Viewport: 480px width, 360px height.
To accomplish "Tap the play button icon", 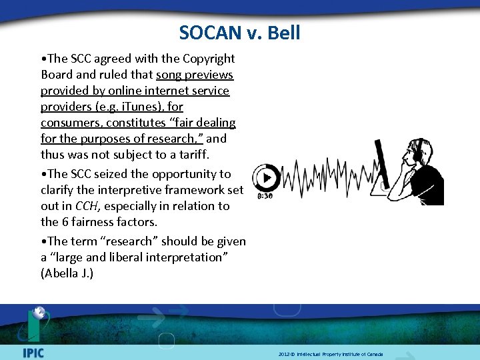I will tap(267, 178).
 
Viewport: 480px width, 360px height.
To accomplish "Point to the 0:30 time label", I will tap(265, 197).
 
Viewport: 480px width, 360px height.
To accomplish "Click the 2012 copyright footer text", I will tap(331, 354).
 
